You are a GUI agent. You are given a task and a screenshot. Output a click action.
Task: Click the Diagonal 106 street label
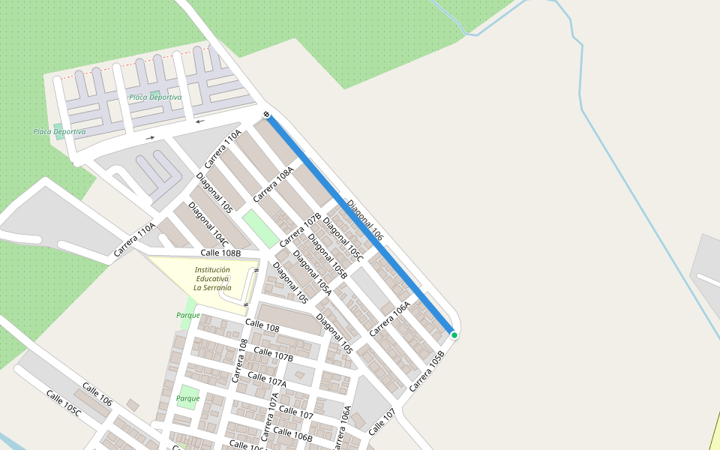coord(365,220)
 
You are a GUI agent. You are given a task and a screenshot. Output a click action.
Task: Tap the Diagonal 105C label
coord(343,239)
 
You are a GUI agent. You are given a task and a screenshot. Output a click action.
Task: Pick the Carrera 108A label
coord(272,184)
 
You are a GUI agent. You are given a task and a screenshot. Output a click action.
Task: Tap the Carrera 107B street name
coord(300,230)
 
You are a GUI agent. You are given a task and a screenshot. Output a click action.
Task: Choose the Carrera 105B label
coord(427,370)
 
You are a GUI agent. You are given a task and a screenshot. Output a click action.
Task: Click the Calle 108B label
coord(220,253)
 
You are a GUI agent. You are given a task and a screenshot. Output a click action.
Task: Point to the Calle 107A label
coord(267,379)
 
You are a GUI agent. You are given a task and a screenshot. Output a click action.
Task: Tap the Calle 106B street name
coord(292,435)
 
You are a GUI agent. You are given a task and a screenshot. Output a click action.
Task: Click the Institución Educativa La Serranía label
coord(212,278)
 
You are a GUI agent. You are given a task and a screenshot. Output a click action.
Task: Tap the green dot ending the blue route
coord(454,335)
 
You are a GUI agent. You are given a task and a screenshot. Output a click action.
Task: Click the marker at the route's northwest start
coord(266,114)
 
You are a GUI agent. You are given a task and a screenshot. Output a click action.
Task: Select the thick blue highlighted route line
coord(360,223)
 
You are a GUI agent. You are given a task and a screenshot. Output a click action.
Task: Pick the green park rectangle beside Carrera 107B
coord(260,229)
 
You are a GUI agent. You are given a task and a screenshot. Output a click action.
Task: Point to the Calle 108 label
coord(262,326)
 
